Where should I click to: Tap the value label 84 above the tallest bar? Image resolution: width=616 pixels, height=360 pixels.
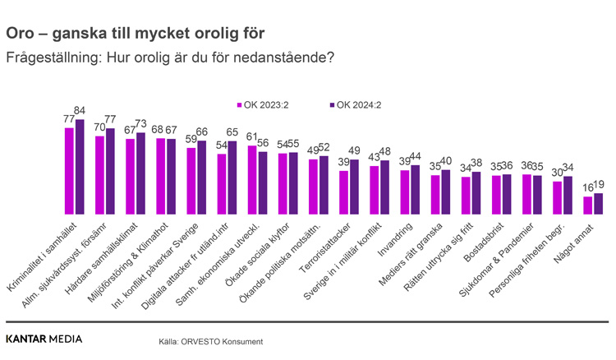pos(80,111)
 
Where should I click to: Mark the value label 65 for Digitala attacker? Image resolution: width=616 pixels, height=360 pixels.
pos(232,132)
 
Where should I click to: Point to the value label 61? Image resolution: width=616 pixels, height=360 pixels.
pos(253,136)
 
